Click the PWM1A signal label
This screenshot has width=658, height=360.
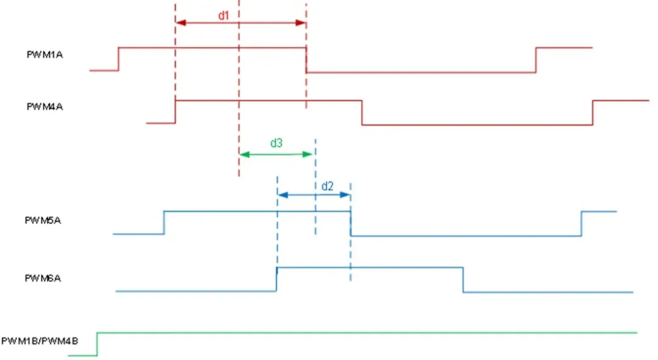click(44, 55)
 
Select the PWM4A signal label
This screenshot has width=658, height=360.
click(44, 107)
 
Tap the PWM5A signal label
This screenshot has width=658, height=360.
click(43, 221)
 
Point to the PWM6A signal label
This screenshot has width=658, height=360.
click(43, 278)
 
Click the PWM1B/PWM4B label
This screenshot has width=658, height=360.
click(40, 340)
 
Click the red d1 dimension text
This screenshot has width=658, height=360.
click(224, 15)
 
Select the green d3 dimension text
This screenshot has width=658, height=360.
click(276, 143)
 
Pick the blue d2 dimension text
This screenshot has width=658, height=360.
click(327, 186)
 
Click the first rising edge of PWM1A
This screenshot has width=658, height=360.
click(118, 58)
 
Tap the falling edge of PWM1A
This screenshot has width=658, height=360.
click(306, 60)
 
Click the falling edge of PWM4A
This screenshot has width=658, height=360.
click(362, 113)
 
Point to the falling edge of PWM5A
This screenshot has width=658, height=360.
click(350, 223)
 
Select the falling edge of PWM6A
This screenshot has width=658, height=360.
click(463, 280)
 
